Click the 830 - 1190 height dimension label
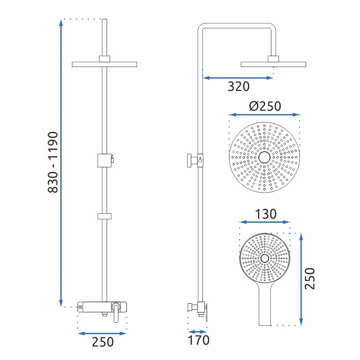click(53, 162)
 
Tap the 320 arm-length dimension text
click(238, 86)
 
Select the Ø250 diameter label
click(265, 106)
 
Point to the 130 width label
click(265, 214)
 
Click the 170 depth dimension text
click(198, 340)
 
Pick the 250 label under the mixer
click(103, 342)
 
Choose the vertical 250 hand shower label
click(310, 278)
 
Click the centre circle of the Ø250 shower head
click(265, 157)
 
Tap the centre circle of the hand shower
click(265, 258)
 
